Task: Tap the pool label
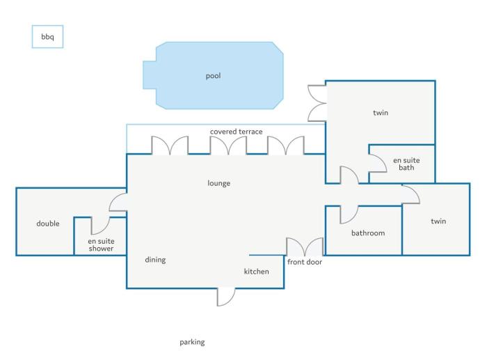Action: pyautogui.click(x=213, y=76)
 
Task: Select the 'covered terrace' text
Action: pyautogui.click(x=236, y=132)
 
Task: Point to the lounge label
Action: pyautogui.click(x=218, y=183)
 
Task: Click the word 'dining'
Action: pyautogui.click(x=155, y=260)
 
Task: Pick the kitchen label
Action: pyautogui.click(x=256, y=272)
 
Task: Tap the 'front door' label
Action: pyautogui.click(x=305, y=262)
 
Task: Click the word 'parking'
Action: pyautogui.click(x=192, y=343)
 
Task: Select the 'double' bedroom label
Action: pyautogui.click(x=48, y=224)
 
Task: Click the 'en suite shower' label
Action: pyautogui.click(x=101, y=244)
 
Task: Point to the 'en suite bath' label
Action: pyautogui.click(x=406, y=164)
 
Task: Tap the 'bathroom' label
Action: pyautogui.click(x=368, y=233)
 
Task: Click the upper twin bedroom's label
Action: pyautogui.click(x=381, y=113)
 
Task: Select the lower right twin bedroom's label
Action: pyautogui.click(x=438, y=221)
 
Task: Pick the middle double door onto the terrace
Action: pyautogui.click(x=229, y=145)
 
